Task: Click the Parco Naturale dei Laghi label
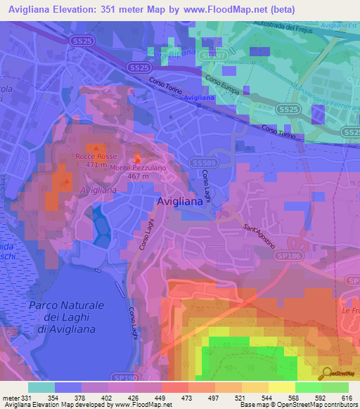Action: (x=67, y=311)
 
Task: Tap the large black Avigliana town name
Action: (x=179, y=201)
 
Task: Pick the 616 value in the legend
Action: (x=348, y=397)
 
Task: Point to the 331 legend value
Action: (x=21, y=397)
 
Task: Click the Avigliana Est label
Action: (x=335, y=25)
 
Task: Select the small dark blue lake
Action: (x=100, y=226)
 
